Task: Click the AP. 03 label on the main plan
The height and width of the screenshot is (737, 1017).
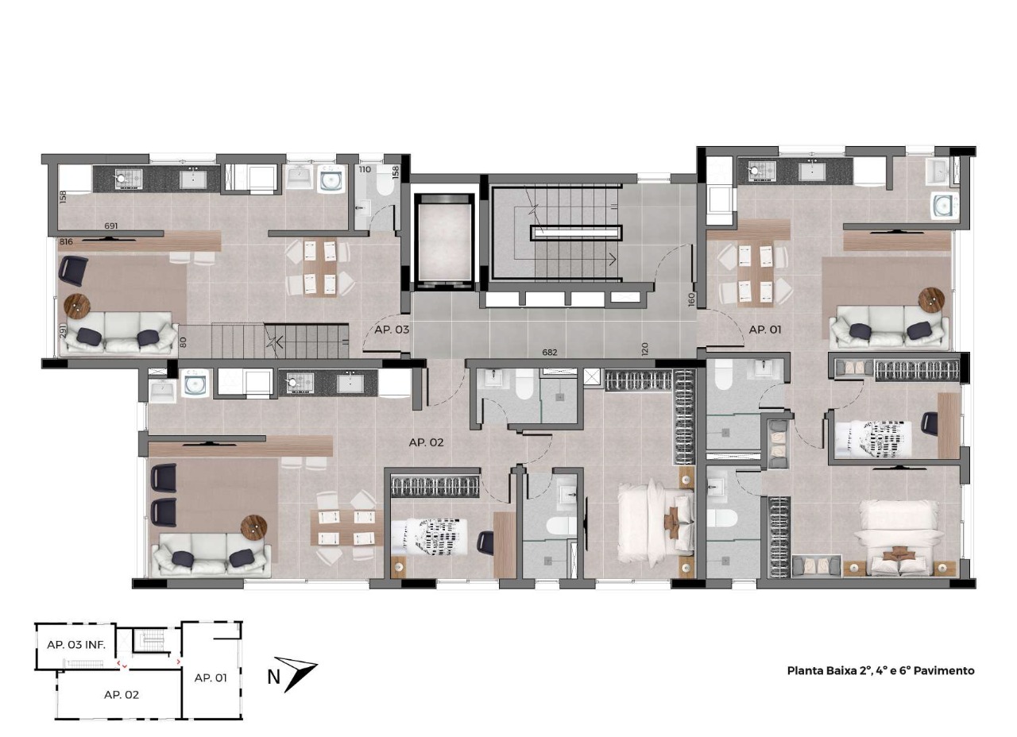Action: pyautogui.click(x=392, y=330)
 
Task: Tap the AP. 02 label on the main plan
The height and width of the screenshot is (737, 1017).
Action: pyautogui.click(x=426, y=442)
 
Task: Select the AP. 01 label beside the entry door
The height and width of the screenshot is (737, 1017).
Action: pyautogui.click(x=765, y=330)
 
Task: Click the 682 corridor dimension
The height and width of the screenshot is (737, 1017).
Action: pyautogui.click(x=549, y=352)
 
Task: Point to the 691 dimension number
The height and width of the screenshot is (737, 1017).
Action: pyautogui.click(x=111, y=226)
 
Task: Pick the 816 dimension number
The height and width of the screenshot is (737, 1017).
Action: pyautogui.click(x=66, y=242)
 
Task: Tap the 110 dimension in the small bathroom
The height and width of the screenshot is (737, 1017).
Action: pyautogui.click(x=365, y=170)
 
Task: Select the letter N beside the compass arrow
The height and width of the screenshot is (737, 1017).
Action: pyautogui.click(x=273, y=677)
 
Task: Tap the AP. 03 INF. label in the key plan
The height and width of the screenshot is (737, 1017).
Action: pyautogui.click(x=76, y=645)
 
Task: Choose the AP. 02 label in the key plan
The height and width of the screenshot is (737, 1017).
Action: pyautogui.click(x=122, y=695)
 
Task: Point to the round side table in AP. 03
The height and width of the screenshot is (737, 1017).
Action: pyautogui.click(x=78, y=306)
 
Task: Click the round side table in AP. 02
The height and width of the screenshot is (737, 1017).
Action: pyautogui.click(x=253, y=527)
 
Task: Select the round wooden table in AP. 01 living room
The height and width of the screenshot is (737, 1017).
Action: pyautogui.click(x=932, y=300)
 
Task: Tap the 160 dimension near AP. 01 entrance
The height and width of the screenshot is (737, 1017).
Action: pyautogui.click(x=691, y=299)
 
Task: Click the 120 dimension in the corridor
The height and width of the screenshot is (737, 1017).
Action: pyautogui.click(x=645, y=349)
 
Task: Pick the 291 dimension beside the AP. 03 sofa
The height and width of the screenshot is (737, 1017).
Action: pyautogui.click(x=63, y=330)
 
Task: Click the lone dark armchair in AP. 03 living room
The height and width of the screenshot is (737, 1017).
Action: pyautogui.click(x=73, y=271)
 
